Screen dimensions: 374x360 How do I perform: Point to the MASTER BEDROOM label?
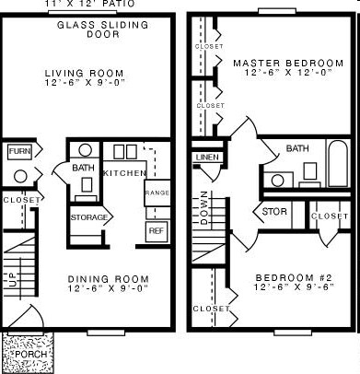coord(288,64)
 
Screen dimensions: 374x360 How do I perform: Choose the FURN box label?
coord(18,150)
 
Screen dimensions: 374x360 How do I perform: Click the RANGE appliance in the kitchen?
coord(157,194)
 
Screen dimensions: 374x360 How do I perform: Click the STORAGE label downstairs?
coord(89,216)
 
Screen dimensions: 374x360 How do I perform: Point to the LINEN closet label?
coord(206,158)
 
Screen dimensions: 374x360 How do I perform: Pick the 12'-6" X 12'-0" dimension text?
coord(288,75)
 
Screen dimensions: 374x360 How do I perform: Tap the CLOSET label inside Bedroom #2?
coord(211,309)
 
